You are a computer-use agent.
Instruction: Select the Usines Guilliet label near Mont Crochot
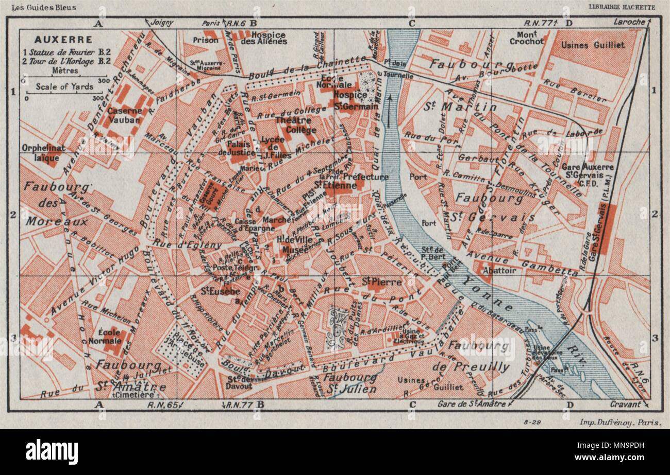click(x=593, y=45)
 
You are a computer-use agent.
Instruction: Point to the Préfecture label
click(x=365, y=177)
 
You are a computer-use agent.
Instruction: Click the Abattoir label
click(x=500, y=271)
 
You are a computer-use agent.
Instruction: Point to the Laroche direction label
click(x=629, y=22)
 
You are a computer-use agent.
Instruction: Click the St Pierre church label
click(x=374, y=282)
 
